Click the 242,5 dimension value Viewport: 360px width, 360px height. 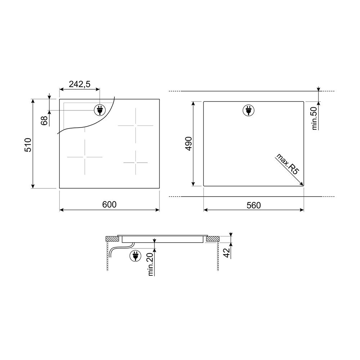(x=80, y=84)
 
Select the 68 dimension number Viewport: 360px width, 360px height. (x=44, y=121)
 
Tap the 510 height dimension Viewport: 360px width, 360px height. (x=28, y=145)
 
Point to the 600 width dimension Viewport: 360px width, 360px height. (x=109, y=204)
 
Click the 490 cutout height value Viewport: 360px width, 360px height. (x=189, y=144)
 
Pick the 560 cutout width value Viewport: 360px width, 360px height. (x=254, y=205)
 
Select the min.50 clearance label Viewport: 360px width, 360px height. (x=314, y=118)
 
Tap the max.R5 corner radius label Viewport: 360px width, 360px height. (x=287, y=164)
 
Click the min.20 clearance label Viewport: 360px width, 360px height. (x=150, y=264)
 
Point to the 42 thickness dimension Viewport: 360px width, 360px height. (x=227, y=253)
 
